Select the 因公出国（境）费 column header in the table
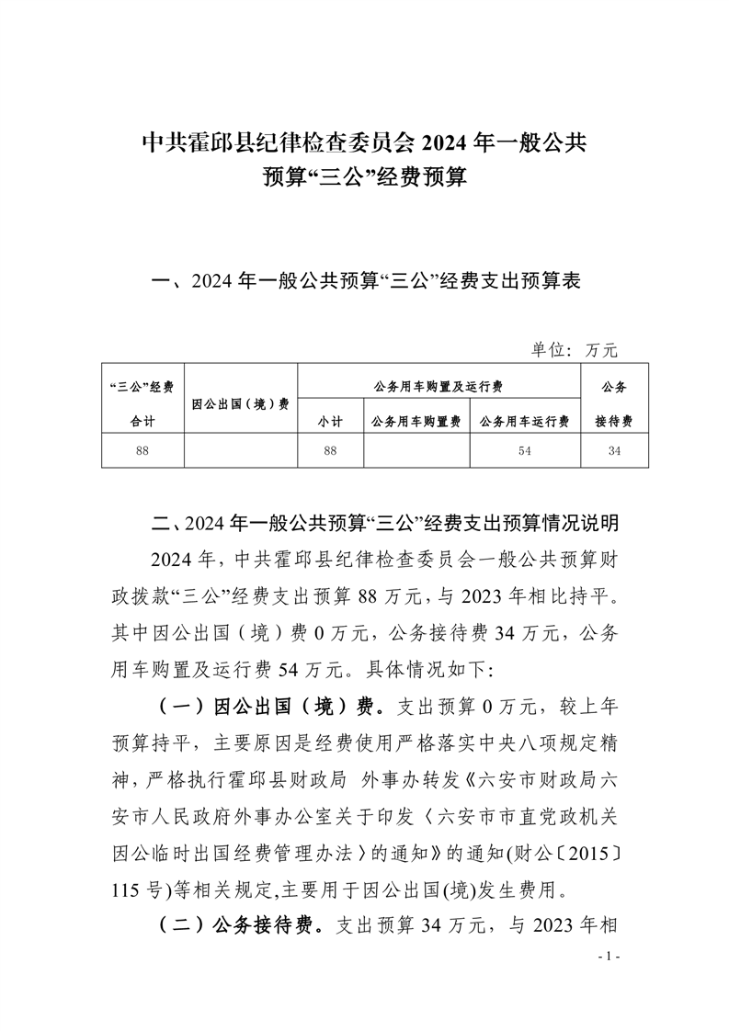(x=240, y=403)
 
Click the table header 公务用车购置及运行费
(x=439, y=387)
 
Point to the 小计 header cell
(x=330, y=421)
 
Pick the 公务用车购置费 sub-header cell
(x=416, y=421)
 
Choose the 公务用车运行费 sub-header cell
(x=524, y=421)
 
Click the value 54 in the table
(x=524, y=451)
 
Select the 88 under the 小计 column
(x=330, y=451)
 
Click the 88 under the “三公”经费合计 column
(x=142, y=451)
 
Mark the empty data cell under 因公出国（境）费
(x=240, y=451)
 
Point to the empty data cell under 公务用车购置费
(x=416, y=451)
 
